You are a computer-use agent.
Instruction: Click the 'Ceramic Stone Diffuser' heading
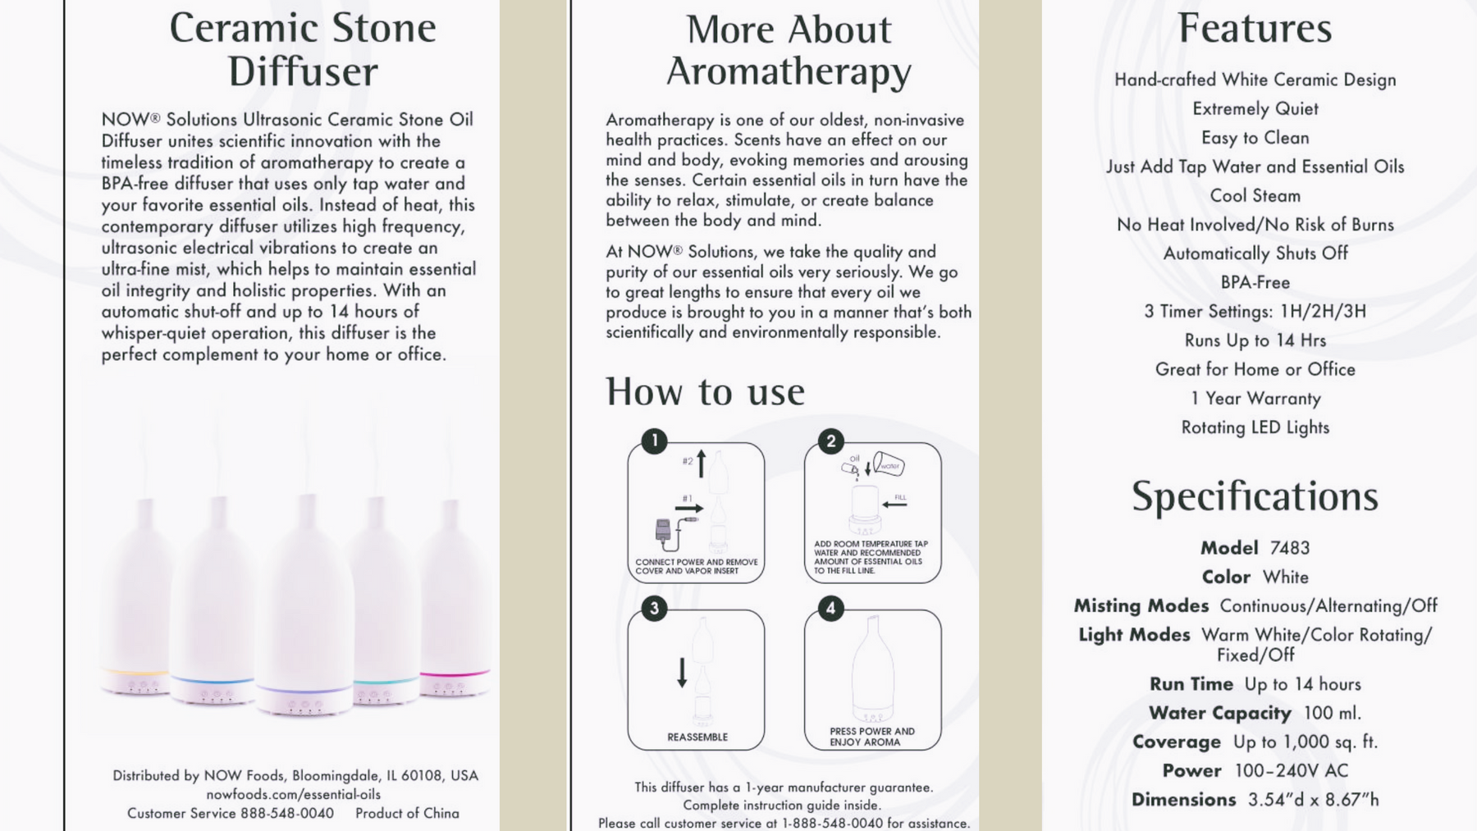coord(303,49)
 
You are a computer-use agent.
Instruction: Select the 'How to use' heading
coord(705,391)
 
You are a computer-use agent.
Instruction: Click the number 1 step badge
coord(654,441)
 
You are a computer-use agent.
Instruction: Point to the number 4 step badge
coord(830,609)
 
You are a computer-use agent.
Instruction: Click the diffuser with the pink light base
coord(453,599)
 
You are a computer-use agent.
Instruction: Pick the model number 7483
coord(1289,548)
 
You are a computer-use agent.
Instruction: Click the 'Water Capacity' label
coord(1219,713)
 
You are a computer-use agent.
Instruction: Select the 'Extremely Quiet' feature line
coord(1255,108)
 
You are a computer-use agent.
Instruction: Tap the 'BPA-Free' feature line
coord(1255,282)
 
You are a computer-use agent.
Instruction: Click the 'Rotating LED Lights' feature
coord(1255,427)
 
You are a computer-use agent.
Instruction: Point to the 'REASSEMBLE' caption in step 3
coord(697,737)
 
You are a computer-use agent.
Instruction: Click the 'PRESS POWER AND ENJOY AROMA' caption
coord(871,737)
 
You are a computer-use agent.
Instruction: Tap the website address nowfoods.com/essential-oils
coord(293,794)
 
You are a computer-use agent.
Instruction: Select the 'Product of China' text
coord(407,813)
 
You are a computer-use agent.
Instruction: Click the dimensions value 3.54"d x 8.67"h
coord(1313,800)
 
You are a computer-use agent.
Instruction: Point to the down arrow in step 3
coord(682,672)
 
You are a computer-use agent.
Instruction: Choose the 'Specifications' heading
coord(1255,496)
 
